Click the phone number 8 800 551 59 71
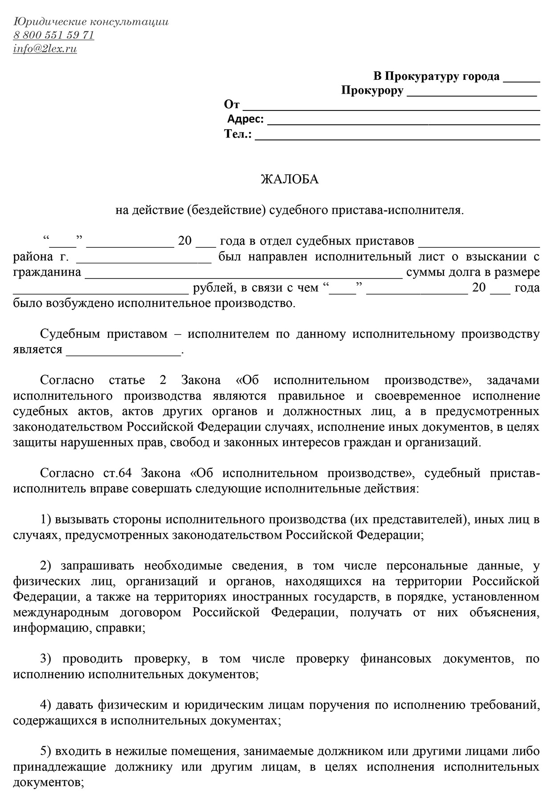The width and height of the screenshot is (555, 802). pos(53,35)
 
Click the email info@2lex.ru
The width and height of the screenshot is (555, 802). pos(45,49)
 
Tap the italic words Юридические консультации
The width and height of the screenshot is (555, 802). pos(91,21)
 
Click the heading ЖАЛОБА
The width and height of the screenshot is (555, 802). pos(290,179)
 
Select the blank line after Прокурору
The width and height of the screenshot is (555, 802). pos(472,94)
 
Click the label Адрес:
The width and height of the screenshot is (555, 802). pos(245,119)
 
